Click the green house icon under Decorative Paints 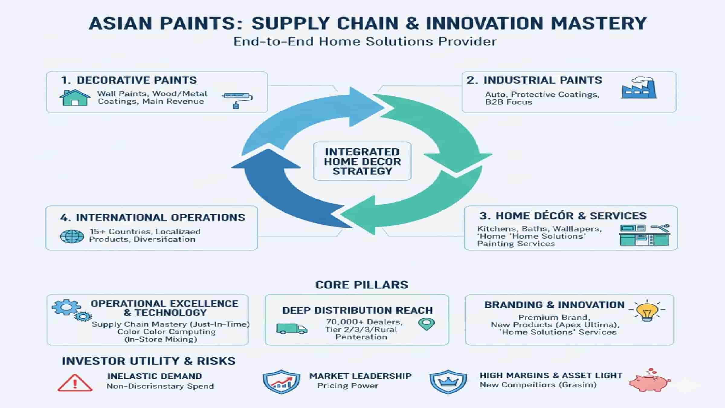[x=75, y=98]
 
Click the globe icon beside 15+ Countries [x=72, y=236]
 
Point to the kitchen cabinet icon [x=644, y=235]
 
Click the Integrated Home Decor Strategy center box [x=362, y=161]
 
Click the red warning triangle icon [x=75, y=383]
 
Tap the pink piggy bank [x=649, y=381]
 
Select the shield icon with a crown [x=448, y=382]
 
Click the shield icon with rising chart [x=281, y=382]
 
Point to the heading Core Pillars [x=361, y=285]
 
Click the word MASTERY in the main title [x=598, y=24]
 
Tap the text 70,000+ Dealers [x=364, y=322]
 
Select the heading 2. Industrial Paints [x=534, y=80]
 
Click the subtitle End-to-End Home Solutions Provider [x=365, y=41]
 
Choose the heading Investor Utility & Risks [x=149, y=361]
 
